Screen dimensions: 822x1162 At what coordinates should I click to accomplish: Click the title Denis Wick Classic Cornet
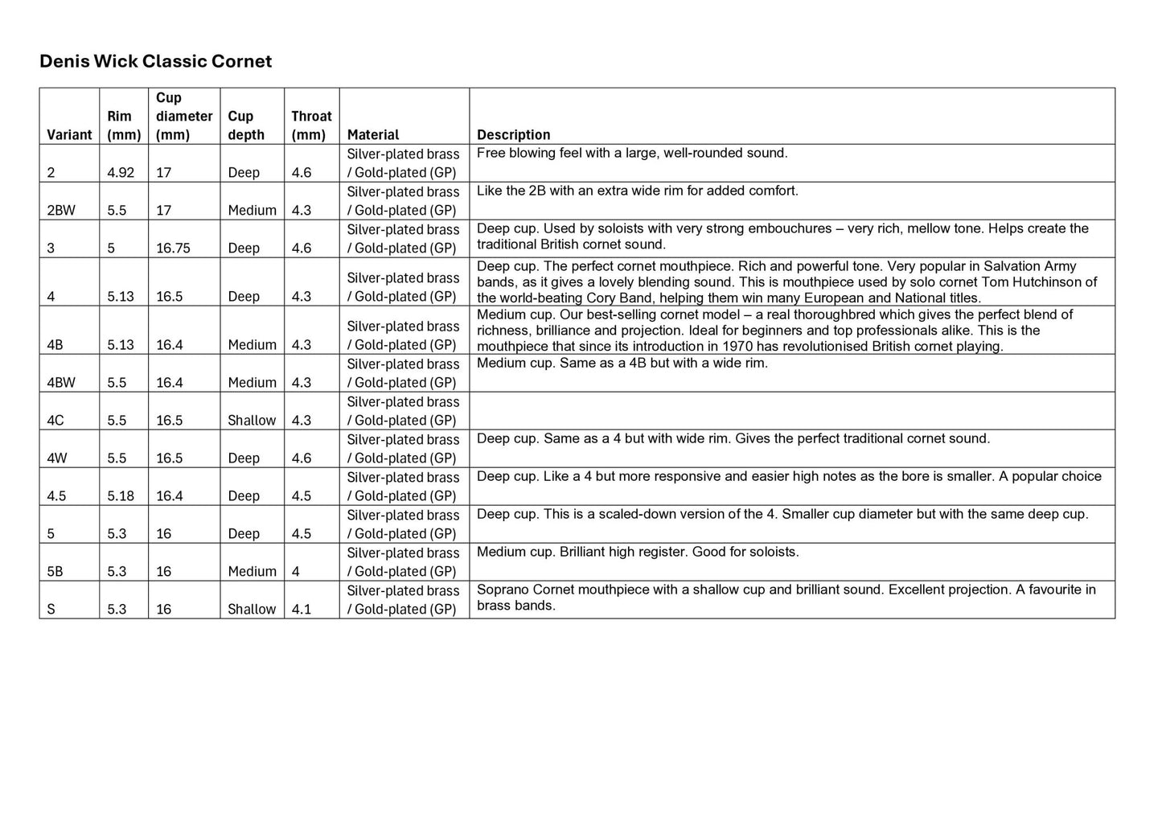pos(155,62)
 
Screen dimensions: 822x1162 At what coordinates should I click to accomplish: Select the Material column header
pos(372,135)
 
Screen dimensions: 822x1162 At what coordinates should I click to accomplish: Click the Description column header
pos(513,135)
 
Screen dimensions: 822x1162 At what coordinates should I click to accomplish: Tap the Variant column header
pos(69,135)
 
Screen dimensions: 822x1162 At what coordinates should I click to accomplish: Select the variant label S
pos(51,610)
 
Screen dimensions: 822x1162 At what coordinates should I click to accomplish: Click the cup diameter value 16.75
pos(173,249)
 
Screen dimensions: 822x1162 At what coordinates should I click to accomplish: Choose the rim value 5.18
pos(121,496)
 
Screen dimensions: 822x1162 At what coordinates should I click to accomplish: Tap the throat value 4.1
pos(301,610)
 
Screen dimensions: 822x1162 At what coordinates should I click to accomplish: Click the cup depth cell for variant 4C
pos(251,421)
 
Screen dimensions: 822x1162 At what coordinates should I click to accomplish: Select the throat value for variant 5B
pos(296,572)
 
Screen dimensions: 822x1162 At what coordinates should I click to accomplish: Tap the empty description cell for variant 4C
pos(791,411)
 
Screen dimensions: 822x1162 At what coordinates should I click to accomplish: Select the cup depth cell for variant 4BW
pos(252,383)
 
